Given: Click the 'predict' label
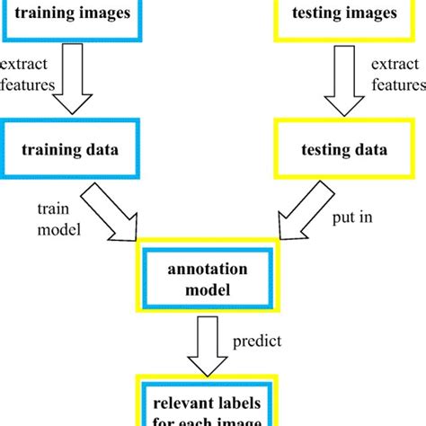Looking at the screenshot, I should point(258,342).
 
